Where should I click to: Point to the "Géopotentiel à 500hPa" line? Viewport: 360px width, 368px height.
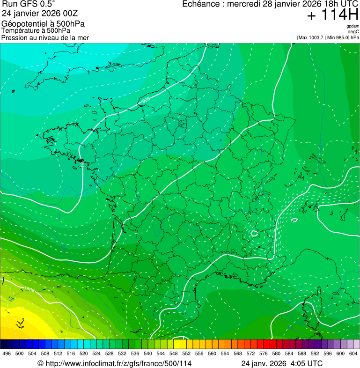point(43,23)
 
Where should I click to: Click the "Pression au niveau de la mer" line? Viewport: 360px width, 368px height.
point(45,37)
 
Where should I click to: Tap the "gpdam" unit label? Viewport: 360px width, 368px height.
point(353,26)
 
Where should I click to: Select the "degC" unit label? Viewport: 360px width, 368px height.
point(353,32)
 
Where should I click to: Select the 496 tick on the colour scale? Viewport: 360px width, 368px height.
point(7,353)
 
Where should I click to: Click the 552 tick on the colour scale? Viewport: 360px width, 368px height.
point(186,353)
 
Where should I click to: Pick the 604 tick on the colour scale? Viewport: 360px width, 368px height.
point(353,353)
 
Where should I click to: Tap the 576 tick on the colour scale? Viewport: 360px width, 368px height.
point(264,353)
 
